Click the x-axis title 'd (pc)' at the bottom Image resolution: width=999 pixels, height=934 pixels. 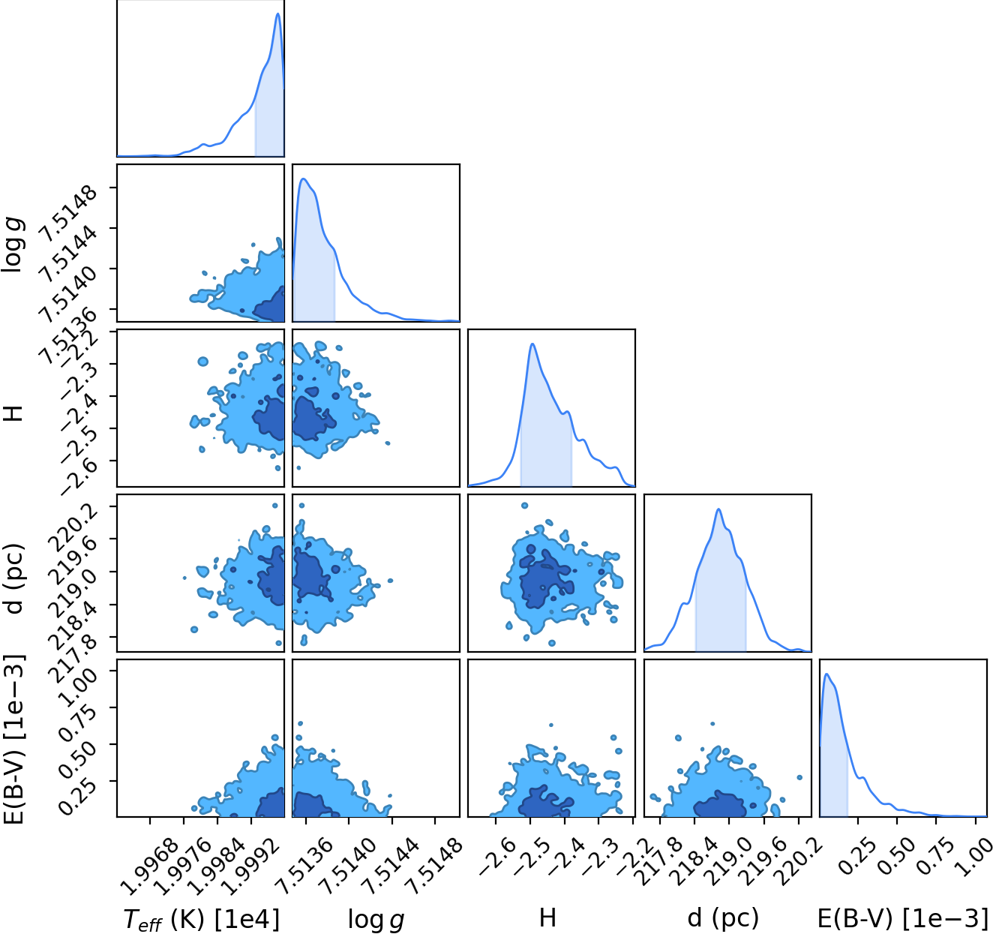point(723,918)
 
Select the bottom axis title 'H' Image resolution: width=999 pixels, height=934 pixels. point(547,918)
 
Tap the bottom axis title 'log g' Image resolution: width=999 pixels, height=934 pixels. point(376,920)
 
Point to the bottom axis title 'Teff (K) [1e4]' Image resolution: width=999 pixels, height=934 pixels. point(201,920)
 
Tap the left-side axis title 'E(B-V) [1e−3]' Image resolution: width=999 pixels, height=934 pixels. point(14,739)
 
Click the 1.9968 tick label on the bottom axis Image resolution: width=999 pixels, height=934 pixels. point(150,866)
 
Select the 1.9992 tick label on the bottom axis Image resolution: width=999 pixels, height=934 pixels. point(251,866)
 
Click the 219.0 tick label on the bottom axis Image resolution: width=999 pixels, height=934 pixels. point(728,861)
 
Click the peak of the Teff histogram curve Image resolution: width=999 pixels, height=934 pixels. point(278,14)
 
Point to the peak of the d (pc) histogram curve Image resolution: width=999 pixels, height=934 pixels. point(718,509)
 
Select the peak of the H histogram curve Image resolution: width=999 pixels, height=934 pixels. point(532,344)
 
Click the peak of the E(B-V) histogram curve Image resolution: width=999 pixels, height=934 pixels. point(826,674)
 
